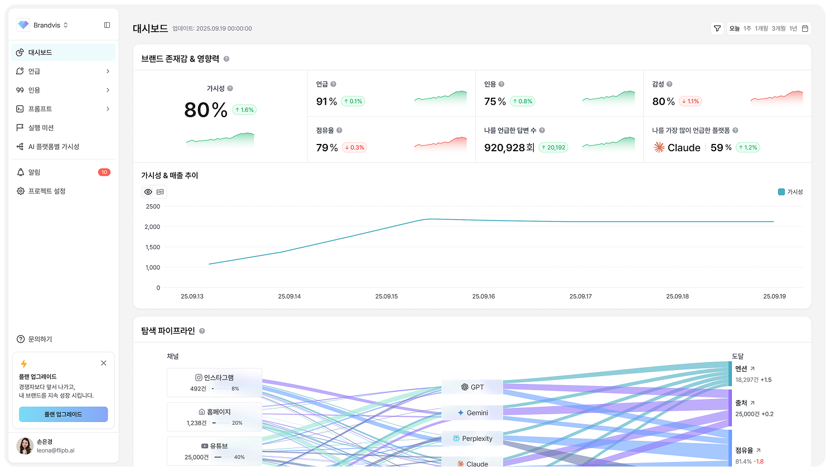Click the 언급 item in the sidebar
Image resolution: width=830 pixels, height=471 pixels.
[x=35, y=71]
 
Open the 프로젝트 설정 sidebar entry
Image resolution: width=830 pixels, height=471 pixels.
[x=47, y=191]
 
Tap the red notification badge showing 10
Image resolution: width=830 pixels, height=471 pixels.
[x=104, y=172]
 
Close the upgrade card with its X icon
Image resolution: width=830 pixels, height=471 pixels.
[x=104, y=363]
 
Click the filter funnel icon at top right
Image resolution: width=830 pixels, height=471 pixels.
[x=717, y=28]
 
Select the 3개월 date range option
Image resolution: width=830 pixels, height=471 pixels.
[x=778, y=28]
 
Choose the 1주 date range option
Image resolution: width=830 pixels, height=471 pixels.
[x=747, y=28]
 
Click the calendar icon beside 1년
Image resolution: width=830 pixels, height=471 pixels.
[x=805, y=28]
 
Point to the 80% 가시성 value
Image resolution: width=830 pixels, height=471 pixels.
[x=205, y=110]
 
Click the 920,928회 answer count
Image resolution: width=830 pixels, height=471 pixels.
[x=509, y=148]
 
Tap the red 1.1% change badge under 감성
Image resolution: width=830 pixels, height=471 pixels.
[x=691, y=102]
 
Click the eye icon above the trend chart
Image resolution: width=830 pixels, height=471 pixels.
[x=148, y=192]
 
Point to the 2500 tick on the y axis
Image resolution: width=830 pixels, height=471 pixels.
[x=153, y=206]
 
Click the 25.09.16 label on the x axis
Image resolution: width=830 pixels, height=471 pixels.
[x=484, y=296]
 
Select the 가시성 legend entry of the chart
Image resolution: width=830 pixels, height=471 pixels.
[x=790, y=192]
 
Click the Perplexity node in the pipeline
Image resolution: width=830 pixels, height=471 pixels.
[x=472, y=439]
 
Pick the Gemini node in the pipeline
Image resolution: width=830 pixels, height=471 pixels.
[x=472, y=413]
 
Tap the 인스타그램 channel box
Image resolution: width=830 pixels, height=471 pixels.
[x=215, y=382]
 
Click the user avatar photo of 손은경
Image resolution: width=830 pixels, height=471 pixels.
[x=25, y=446]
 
